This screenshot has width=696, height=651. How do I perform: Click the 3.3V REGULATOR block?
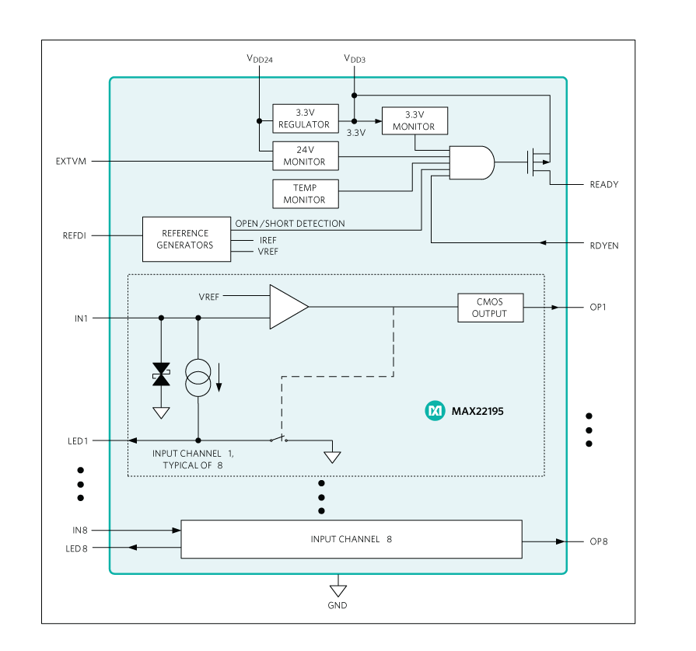click(x=305, y=118)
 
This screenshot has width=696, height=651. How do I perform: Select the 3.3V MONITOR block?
click(x=414, y=120)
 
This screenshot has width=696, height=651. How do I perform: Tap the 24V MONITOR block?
click(x=305, y=155)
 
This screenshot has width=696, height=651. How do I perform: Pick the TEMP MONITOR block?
click(x=305, y=193)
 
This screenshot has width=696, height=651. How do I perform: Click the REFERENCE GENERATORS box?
click(x=186, y=238)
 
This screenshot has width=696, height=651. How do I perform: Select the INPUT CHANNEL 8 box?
click(x=351, y=539)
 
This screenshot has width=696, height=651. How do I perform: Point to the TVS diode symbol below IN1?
click(x=161, y=374)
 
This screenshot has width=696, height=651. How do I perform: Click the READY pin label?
click(x=603, y=185)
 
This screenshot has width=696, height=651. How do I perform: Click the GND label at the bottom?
click(x=338, y=605)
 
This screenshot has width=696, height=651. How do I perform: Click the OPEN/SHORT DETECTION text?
click(x=290, y=224)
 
